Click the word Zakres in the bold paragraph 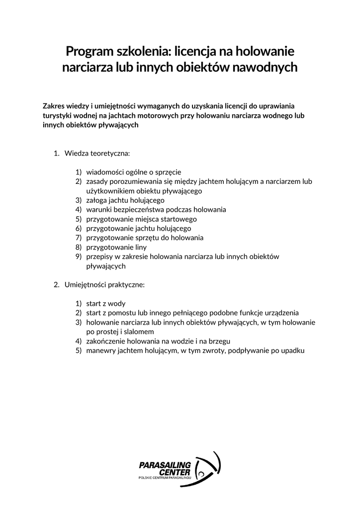[x=55, y=106]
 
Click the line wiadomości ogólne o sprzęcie [x=134, y=172]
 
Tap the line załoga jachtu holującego [x=125, y=200]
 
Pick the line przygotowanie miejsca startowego [x=141, y=219]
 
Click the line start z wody [x=106, y=303]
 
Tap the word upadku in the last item [x=293, y=350]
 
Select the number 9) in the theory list [x=79, y=256]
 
